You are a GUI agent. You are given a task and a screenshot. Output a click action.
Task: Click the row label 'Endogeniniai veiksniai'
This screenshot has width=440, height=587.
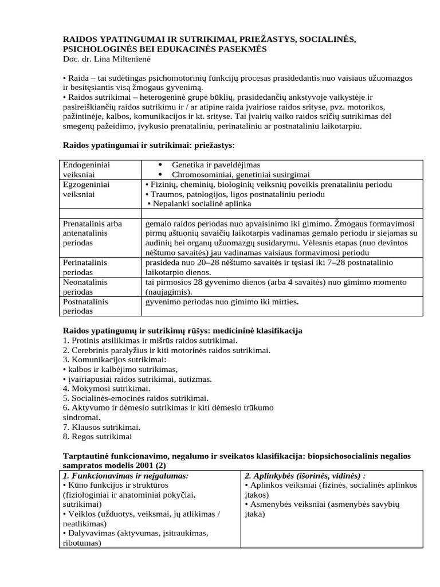[87, 169]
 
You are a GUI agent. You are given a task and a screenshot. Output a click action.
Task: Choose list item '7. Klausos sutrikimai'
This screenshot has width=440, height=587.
[101, 426]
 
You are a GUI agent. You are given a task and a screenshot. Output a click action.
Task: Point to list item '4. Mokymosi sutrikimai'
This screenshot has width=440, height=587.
[106, 388]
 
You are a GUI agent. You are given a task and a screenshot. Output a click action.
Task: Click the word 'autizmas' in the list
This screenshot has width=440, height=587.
[195, 378]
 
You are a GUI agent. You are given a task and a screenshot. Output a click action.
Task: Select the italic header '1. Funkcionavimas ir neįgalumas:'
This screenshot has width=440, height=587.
[125, 475]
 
